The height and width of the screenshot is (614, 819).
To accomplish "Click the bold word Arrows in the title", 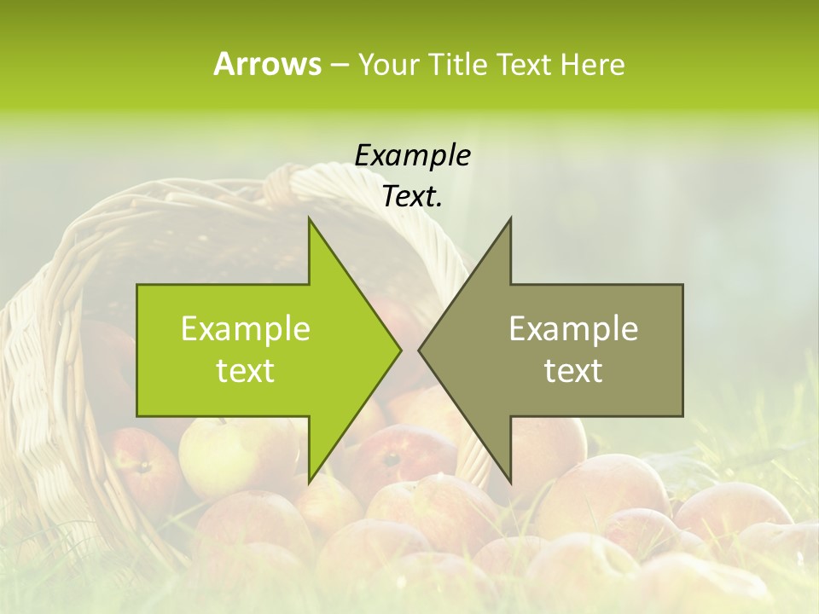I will click(268, 64).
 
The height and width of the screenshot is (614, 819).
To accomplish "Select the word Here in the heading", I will click(592, 64).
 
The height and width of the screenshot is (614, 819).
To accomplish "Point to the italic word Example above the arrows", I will click(412, 155).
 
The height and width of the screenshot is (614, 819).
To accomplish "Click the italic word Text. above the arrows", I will click(412, 196).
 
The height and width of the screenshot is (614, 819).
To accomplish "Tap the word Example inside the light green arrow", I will click(246, 328).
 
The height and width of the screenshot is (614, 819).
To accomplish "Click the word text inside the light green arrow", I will click(246, 370).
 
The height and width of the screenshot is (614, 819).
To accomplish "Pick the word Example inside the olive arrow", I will click(573, 328).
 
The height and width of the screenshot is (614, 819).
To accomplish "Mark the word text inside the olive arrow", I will click(573, 370).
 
